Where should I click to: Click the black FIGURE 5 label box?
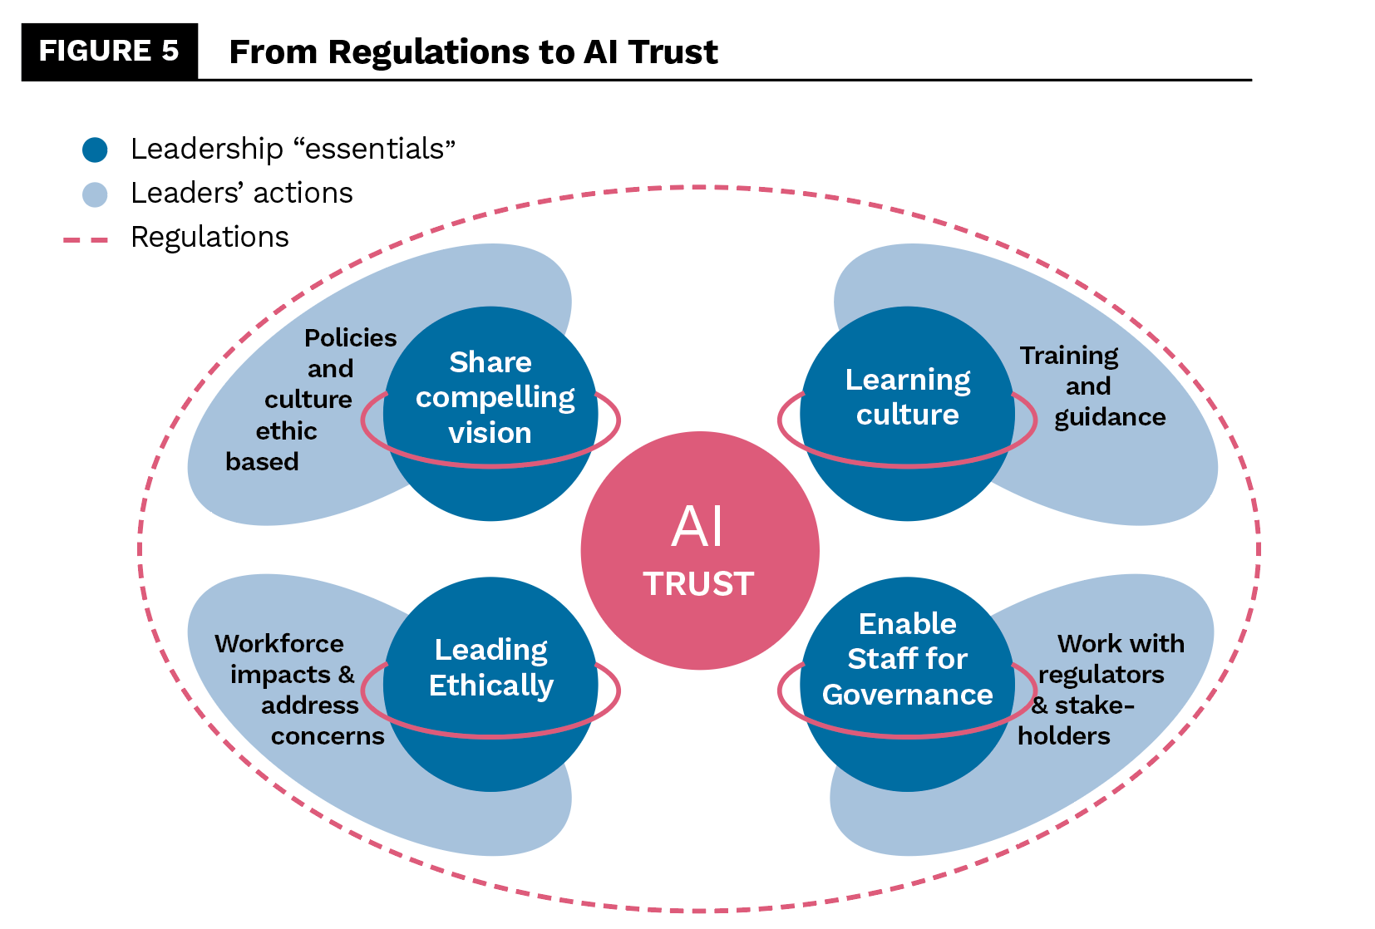click(109, 52)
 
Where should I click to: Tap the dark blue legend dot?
click(95, 150)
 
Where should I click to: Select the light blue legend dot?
click(95, 194)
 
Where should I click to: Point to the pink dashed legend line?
click(86, 239)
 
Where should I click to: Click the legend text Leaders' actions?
click(241, 194)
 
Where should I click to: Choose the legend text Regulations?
click(209, 238)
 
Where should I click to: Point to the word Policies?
click(350, 338)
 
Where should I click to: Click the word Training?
click(1069, 356)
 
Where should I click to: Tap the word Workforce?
click(278, 644)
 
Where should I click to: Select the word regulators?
click(1101, 675)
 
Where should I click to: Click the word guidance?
click(1110, 417)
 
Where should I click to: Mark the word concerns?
click(328, 736)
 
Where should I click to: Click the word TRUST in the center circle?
click(698, 584)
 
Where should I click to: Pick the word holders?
click(1063, 736)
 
